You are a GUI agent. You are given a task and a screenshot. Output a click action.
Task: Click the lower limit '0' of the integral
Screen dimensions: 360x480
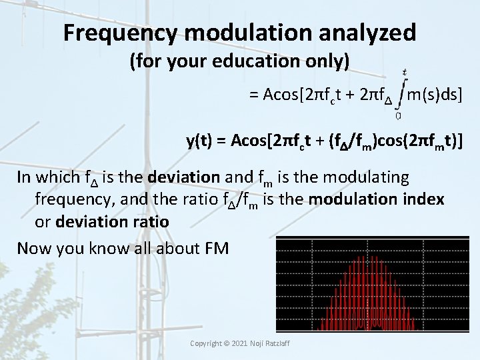398,115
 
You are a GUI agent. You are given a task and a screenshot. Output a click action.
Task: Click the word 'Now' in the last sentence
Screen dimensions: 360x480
34,249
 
